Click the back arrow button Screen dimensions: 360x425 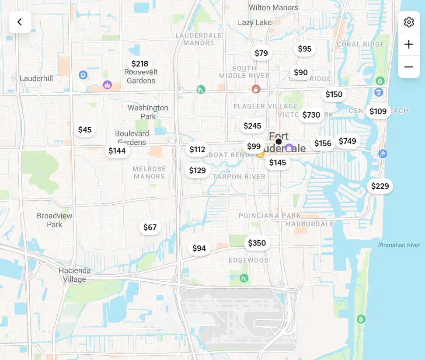20,22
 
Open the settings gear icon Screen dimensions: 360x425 409,22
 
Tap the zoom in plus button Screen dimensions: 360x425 409,44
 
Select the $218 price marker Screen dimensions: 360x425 140,64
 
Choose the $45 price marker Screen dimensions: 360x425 85,129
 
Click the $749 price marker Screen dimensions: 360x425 348,141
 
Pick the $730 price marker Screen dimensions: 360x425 311,115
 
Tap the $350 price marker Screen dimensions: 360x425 257,243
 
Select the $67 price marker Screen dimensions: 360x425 150,227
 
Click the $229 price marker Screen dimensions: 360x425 380,186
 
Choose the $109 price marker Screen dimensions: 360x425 378,111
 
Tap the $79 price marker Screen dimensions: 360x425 261,53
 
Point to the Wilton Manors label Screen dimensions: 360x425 273,7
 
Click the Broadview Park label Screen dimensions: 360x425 55,220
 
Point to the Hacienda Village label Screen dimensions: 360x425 75,275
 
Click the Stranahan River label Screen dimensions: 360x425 399,245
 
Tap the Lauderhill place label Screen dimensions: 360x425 36,78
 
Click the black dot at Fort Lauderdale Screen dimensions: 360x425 279,141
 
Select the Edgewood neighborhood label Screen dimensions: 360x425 249,260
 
